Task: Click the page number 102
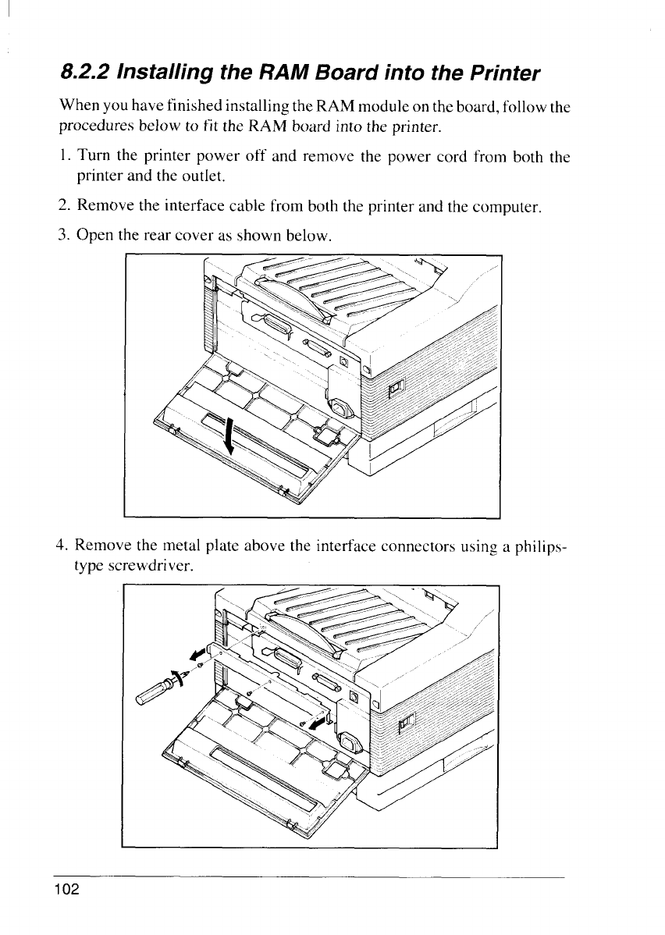click(x=67, y=890)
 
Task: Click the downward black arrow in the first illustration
click(x=229, y=438)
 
